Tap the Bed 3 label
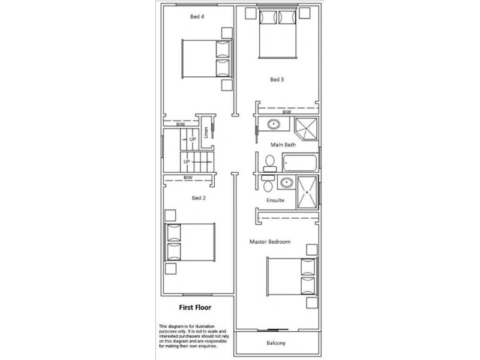click(x=275, y=79)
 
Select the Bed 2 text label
click(x=199, y=197)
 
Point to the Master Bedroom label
click(x=270, y=242)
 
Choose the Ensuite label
click(x=275, y=200)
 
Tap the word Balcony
click(x=277, y=344)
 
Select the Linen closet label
click(x=206, y=133)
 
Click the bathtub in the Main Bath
click(x=300, y=162)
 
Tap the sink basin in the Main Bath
click(x=273, y=125)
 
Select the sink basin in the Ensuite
click(x=286, y=182)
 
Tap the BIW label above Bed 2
click(x=187, y=178)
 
